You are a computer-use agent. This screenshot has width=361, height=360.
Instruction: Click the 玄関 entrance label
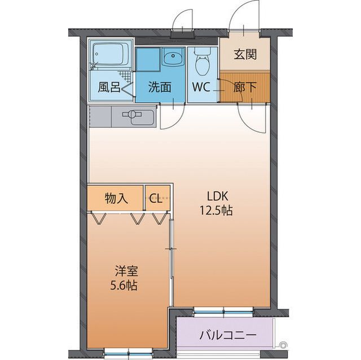pyautogui.click(x=245, y=55)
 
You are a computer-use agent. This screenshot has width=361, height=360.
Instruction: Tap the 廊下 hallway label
pyautogui.click(x=245, y=87)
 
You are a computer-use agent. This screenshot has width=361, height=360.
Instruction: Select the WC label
pyautogui.click(x=202, y=87)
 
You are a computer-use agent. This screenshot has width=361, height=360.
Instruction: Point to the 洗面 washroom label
pyautogui.click(x=160, y=87)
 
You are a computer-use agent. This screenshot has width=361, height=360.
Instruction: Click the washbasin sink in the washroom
pyautogui.click(x=173, y=57)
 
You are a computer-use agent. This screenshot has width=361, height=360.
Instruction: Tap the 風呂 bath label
pyautogui.click(x=108, y=87)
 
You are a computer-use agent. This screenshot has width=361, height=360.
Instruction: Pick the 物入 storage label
pyautogui.click(x=117, y=198)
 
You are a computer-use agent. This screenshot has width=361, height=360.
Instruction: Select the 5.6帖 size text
pyautogui.click(x=123, y=285)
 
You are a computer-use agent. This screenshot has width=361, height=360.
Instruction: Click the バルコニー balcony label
pyautogui.click(x=228, y=335)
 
